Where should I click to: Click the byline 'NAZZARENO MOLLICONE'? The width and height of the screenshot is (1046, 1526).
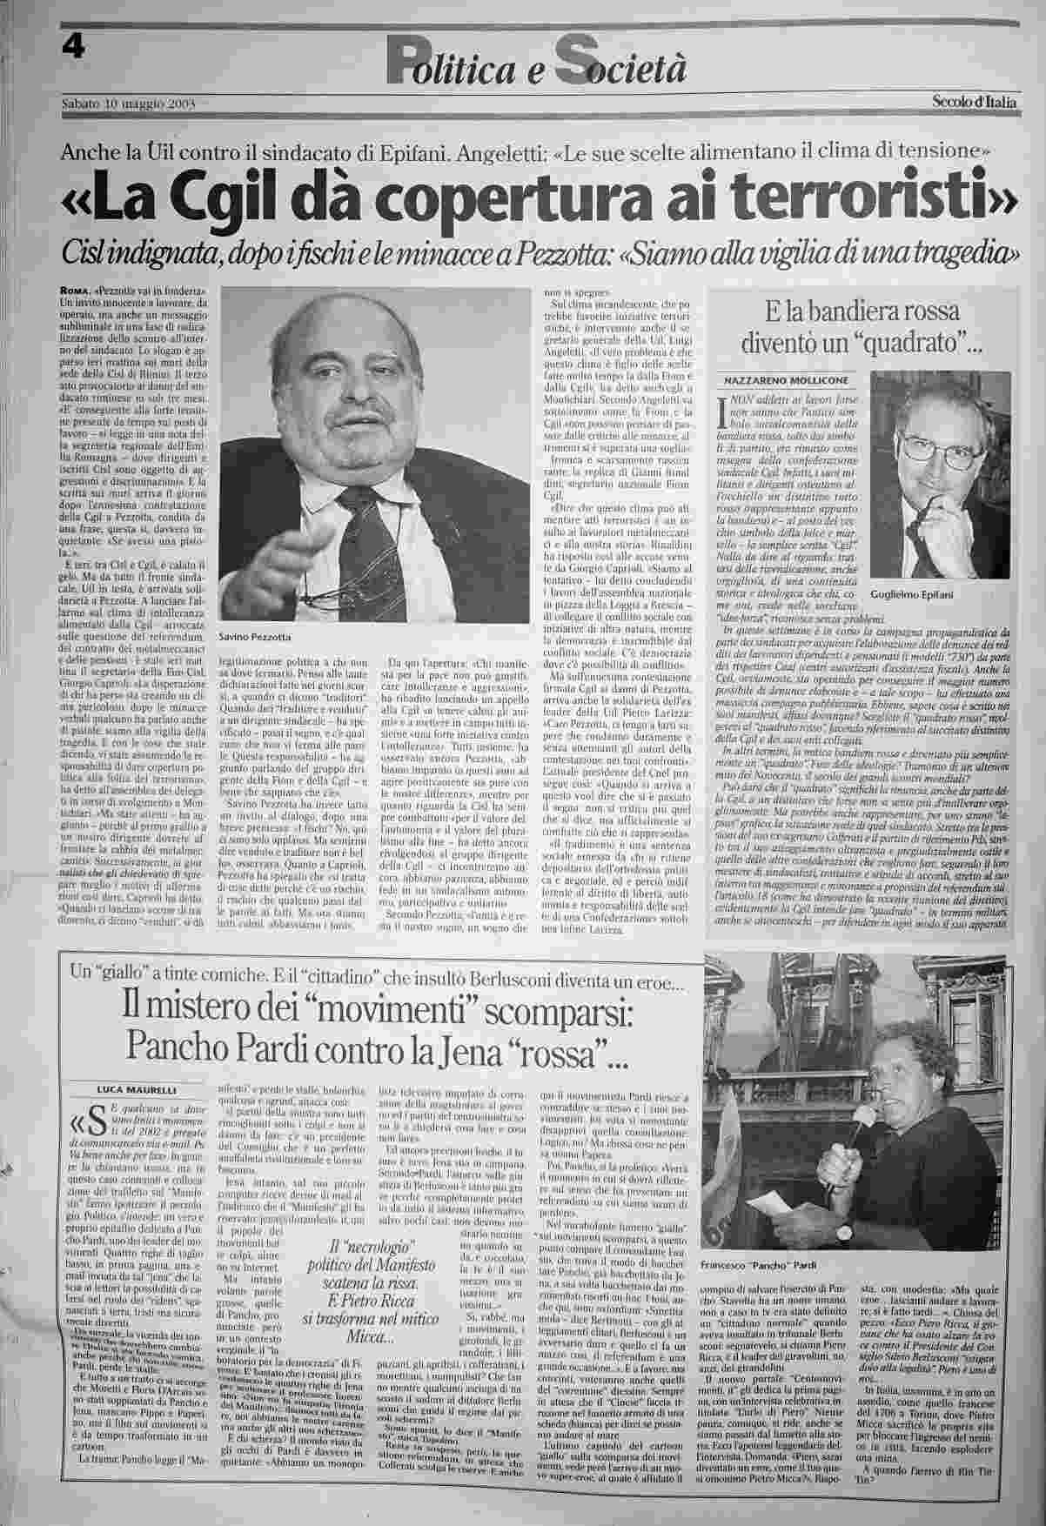[776, 380]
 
